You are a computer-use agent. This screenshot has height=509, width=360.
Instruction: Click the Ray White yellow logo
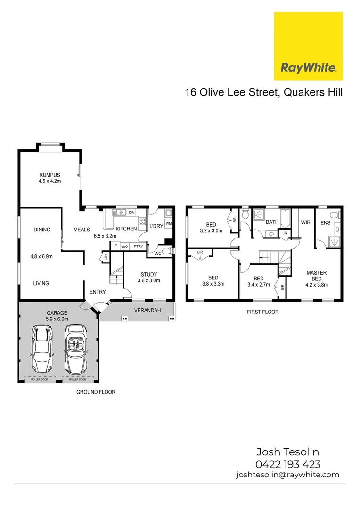[x=308, y=46]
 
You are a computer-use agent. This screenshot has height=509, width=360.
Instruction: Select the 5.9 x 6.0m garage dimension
[x=57, y=319]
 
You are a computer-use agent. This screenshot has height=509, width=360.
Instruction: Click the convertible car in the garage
[x=75, y=349]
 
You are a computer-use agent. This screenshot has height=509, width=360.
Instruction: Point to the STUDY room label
[x=148, y=274]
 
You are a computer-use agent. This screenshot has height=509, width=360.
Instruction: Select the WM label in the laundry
[x=168, y=223]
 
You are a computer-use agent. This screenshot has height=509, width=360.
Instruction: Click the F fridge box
[x=115, y=246]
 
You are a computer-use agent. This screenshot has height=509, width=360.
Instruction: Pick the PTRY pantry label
[x=138, y=246]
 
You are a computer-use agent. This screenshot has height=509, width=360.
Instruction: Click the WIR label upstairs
[x=305, y=222]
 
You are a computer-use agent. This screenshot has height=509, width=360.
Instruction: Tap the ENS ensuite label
[x=325, y=222]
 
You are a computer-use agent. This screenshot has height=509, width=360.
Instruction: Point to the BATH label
[x=272, y=222]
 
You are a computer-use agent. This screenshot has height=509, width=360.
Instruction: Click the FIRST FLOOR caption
[x=263, y=312]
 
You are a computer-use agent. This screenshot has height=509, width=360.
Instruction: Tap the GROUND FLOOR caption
[x=96, y=392]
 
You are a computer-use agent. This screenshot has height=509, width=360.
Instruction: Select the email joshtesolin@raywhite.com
[x=287, y=475]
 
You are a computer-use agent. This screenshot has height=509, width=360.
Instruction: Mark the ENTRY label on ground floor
[x=98, y=292]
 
